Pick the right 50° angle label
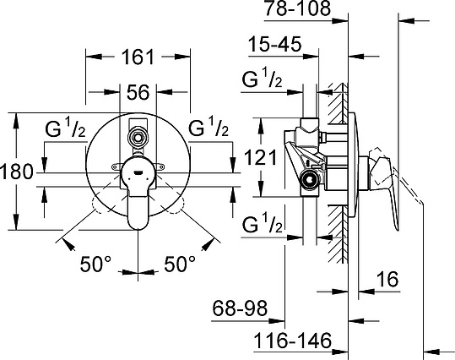[x=180, y=265]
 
